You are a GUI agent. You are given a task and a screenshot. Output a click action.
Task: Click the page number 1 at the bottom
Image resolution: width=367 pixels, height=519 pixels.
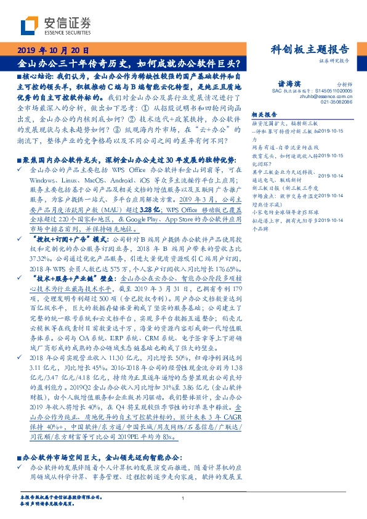click(183, 498)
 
